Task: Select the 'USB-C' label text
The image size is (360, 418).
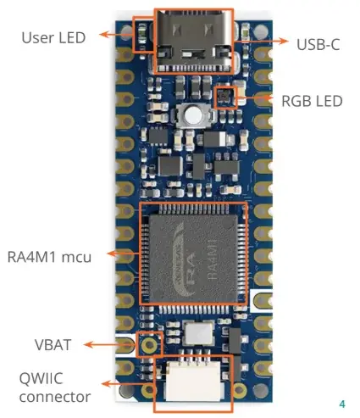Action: [318, 43]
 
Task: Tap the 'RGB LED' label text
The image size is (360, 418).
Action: [312, 101]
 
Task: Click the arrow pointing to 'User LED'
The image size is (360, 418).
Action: [116, 35]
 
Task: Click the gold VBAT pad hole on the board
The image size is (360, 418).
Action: [150, 346]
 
